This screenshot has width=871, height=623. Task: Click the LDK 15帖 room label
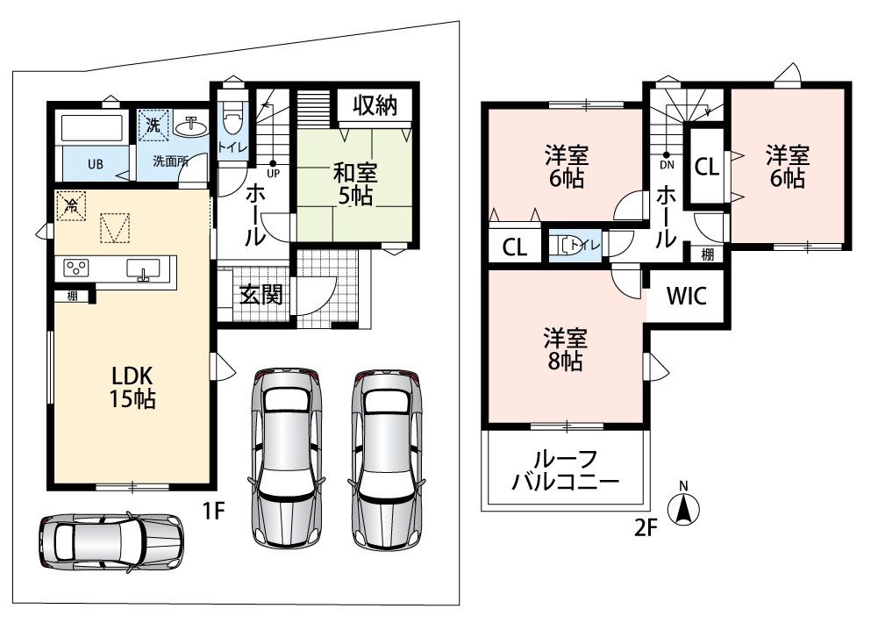point(132,387)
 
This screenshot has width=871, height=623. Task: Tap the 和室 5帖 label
point(354,184)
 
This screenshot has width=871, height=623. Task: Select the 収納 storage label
point(375,105)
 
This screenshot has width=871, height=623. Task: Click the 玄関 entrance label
point(261,295)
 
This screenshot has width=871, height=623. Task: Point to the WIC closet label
point(687,297)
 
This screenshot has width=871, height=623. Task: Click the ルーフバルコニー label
point(565,470)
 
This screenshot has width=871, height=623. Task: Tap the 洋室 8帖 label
point(566,349)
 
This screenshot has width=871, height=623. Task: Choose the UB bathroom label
point(96,164)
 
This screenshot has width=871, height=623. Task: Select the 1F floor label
point(214,510)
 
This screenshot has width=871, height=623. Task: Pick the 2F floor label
point(646,527)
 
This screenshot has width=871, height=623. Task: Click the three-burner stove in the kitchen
point(76,268)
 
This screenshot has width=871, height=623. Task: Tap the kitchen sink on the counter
point(143,269)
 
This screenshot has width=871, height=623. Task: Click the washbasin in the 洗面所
point(191,126)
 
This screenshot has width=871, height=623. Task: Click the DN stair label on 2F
point(668,165)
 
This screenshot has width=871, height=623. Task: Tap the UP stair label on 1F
point(274,174)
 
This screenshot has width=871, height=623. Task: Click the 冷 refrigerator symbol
point(71,205)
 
